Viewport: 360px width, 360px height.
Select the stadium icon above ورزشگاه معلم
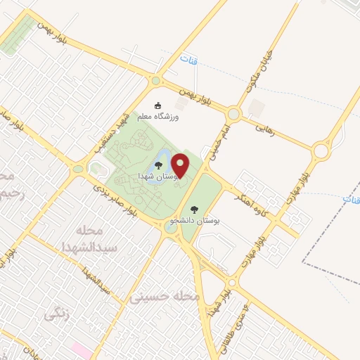coord(157,105)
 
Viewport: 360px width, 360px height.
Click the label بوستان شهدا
coord(152,174)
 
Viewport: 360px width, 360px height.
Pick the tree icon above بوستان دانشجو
coord(193,210)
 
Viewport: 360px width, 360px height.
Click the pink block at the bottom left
coord(81,349)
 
